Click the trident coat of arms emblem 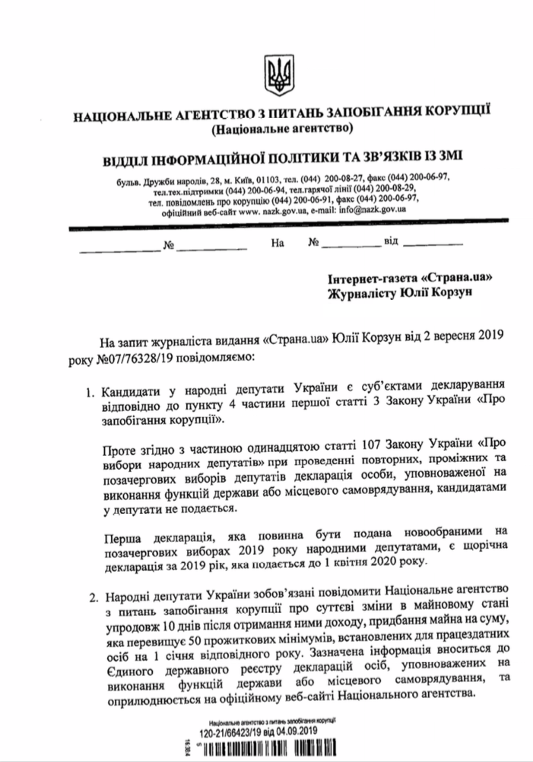pos(273,70)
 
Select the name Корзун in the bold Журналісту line pos(448,293)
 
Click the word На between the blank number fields pos(277,245)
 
